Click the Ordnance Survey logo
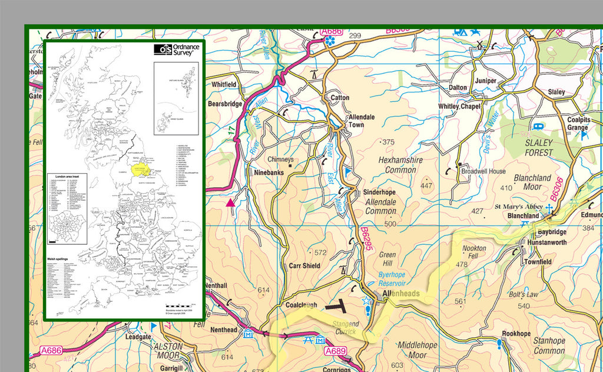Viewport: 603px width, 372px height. [177, 49]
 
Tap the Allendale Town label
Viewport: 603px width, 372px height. [361, 121]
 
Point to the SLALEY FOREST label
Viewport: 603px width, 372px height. [535, 148]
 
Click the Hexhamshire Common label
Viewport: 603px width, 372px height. [400, 165]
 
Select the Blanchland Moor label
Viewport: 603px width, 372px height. [532, 182]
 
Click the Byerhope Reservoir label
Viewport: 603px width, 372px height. [400, 279]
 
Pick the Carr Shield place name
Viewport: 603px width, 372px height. [304, 265]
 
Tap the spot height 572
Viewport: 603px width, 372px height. [320, 253]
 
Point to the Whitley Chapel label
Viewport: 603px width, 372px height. [459, 107]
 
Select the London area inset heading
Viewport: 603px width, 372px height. [67, 176]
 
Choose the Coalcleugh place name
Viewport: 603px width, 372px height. [301, 305]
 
